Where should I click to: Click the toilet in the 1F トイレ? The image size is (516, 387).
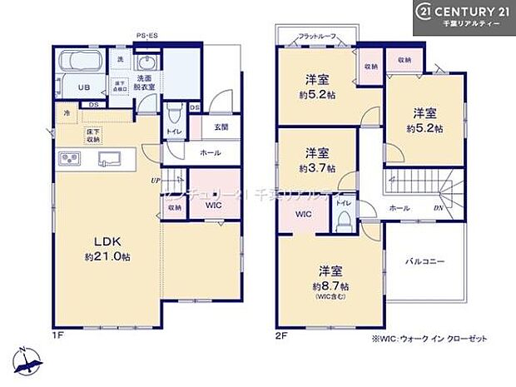[176, 113]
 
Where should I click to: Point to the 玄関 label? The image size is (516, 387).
[221, 127]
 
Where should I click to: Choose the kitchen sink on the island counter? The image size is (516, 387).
[110, 160]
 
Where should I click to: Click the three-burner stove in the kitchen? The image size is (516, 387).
[67, 160]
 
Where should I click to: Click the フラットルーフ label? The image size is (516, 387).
[317, 37]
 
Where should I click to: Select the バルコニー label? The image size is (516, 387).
[426, 261]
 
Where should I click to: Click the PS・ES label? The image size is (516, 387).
[148, 36]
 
